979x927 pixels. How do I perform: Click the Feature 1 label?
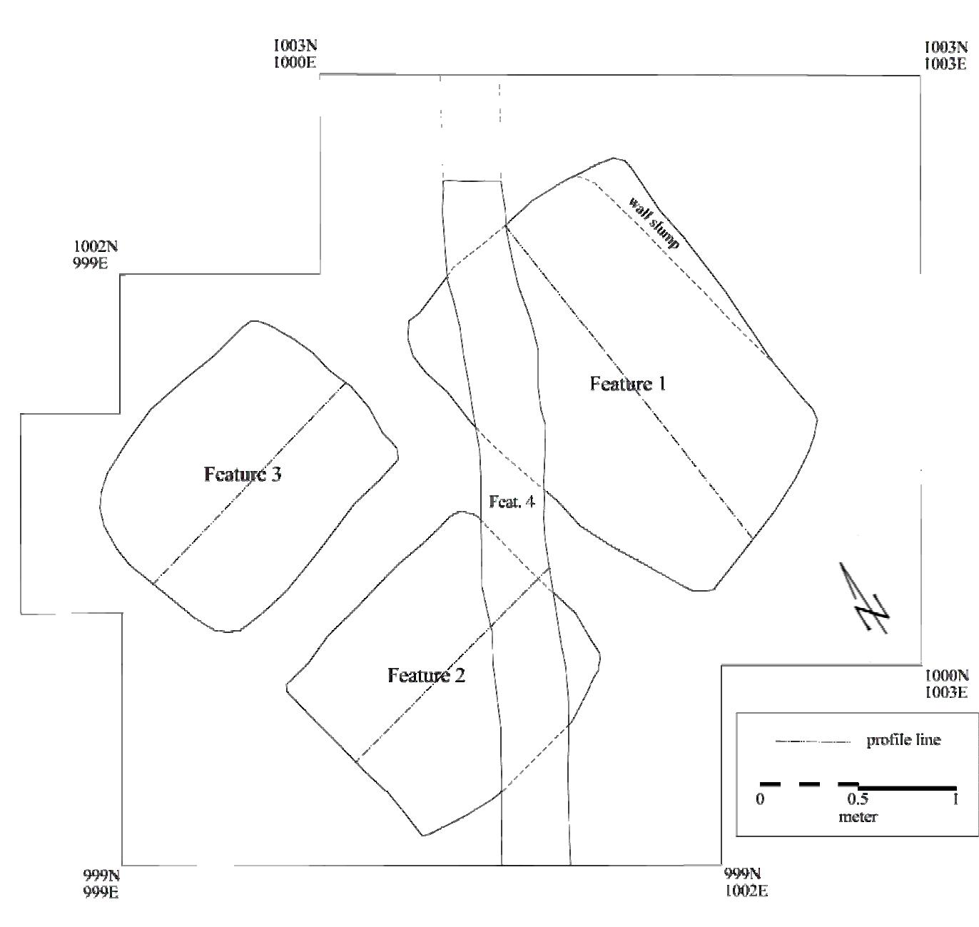click(628, 384)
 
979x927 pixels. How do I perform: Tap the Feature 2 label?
click(426, 675)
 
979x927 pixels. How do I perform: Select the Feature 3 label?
click(243, 474)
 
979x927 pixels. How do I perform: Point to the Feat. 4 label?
click(512, 502)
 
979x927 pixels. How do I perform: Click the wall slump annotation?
click(654, 222)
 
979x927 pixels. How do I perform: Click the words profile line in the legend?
click(903, 740)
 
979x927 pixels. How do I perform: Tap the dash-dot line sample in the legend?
click(813, 742)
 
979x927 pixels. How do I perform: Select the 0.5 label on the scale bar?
click(857, 799)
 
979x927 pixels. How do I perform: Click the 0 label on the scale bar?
click(760, 799)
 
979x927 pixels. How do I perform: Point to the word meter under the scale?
click(858, 816)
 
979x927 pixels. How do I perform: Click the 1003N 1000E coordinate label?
click(295, 54)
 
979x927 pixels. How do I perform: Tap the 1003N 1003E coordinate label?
click(946, 56)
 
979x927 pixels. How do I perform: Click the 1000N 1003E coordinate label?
click(946, 683)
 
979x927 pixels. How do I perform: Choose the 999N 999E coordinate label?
click(101, 883)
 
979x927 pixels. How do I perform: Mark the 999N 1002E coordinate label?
click(746, 882)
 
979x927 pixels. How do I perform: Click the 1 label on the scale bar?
click(955, 799)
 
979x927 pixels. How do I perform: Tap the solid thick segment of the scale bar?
click(906, 788)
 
